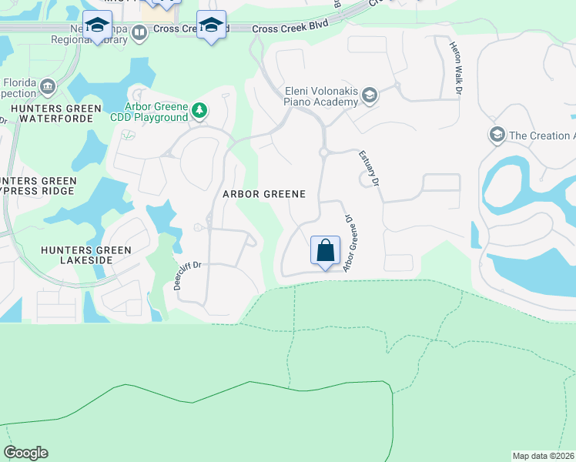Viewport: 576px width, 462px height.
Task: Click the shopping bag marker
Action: point(325,251)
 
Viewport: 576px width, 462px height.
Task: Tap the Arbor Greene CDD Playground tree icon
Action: point(199,111)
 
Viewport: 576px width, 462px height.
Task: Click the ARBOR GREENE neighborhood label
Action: point(264,194)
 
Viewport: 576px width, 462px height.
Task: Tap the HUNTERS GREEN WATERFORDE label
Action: point(50,114)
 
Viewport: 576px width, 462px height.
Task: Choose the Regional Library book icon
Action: point(139,32)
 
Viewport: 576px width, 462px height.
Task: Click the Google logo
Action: point(25,453)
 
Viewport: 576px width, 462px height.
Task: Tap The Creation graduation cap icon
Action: point(497,136)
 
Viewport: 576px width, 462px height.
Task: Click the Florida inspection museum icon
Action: point(49,85)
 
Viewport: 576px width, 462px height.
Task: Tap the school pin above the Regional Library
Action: point(98,27)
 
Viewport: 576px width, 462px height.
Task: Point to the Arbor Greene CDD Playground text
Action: point(157,112)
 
